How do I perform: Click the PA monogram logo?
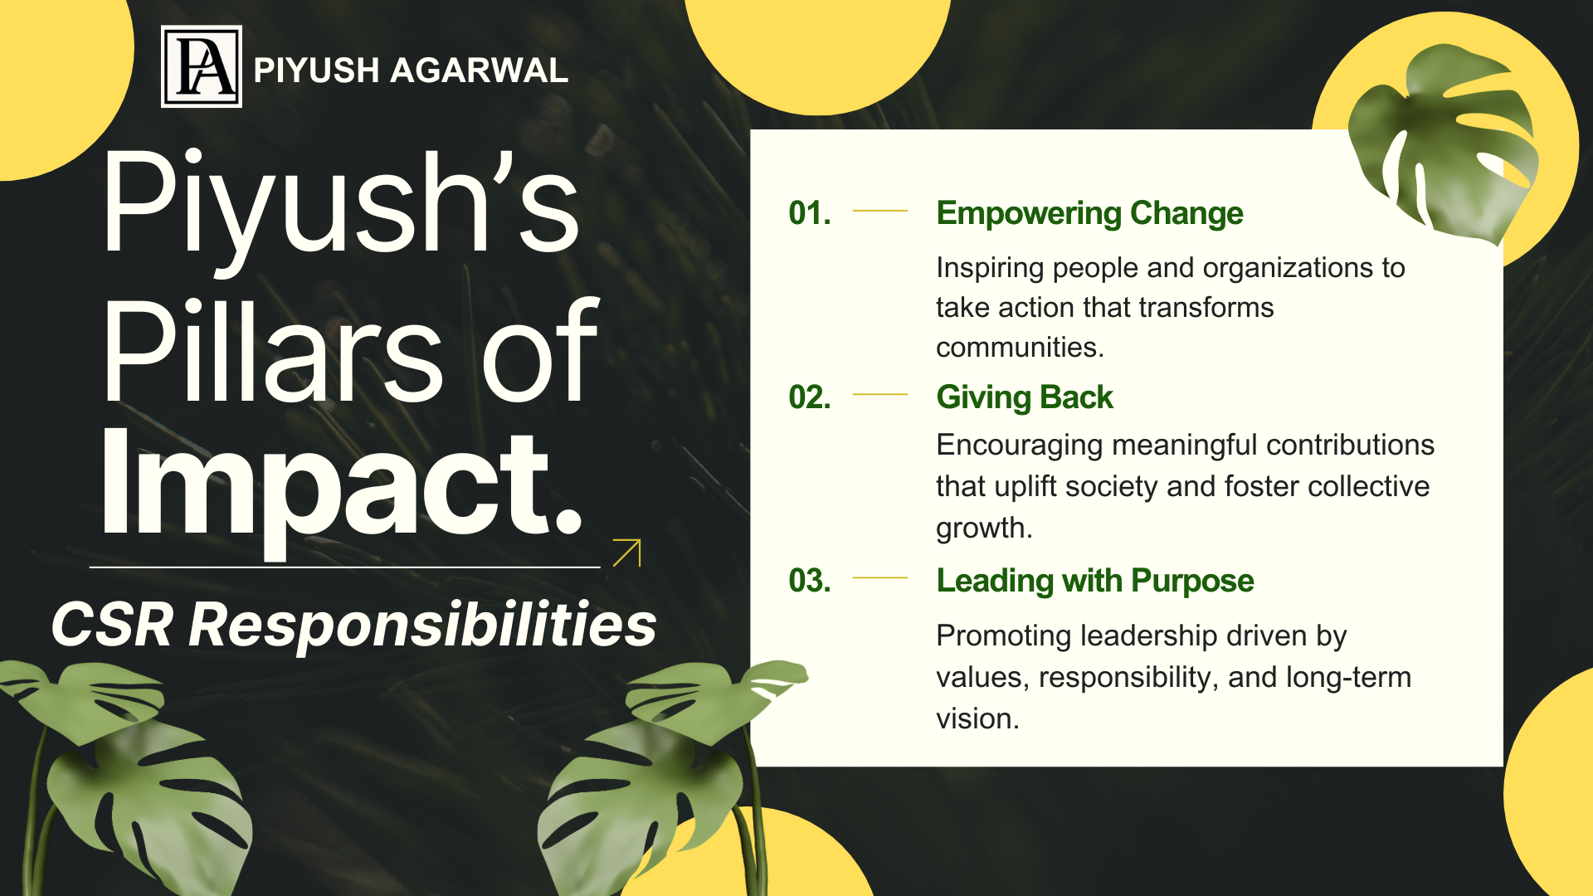(202, 66)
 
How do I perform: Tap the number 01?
(809, 213)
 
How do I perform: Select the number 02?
(809, 397)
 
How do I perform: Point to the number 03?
(809, 581)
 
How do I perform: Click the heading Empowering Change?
(1089, 213)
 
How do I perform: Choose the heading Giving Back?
(1024, 397)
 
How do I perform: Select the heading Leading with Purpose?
(1094, 581)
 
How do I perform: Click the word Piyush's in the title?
(340, 203)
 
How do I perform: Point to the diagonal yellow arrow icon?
(627, 553)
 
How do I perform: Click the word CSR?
(113, 624)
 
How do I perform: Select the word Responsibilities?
(422, 624)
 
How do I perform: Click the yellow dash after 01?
(879, 212)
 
